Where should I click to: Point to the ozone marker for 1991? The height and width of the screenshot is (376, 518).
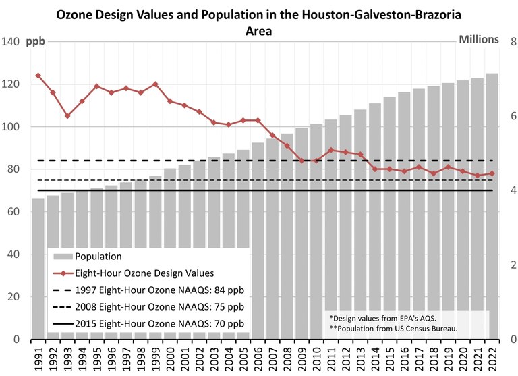point(38,76)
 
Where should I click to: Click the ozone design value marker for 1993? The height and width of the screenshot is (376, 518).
point(67,116)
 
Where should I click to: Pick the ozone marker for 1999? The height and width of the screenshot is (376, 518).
point(156,84)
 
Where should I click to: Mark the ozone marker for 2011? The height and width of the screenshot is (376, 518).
point(331,150)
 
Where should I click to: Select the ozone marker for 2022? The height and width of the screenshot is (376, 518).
point(492,173)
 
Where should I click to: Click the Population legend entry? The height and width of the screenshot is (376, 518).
point(98,257)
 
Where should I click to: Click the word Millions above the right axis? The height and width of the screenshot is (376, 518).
point(478,38)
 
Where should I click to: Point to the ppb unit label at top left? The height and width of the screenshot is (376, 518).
point(36,41)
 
